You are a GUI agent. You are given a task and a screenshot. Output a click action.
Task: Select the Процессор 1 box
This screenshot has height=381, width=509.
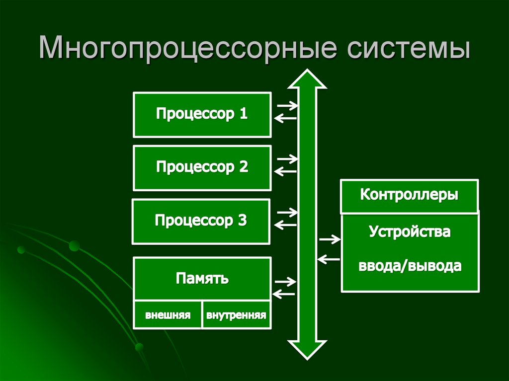[202, 114]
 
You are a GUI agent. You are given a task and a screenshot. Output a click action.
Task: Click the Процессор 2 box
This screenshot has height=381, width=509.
[202, 167]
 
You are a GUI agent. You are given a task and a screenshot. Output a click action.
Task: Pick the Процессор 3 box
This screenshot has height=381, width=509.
[201, 221]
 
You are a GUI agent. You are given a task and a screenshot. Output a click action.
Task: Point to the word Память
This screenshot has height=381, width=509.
[202, 278]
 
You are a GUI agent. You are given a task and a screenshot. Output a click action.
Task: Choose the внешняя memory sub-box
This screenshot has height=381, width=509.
[168, 315]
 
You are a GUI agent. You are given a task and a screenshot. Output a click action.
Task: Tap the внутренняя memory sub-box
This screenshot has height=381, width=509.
[237, 315]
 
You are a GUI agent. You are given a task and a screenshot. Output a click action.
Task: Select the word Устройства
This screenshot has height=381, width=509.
[410, 231]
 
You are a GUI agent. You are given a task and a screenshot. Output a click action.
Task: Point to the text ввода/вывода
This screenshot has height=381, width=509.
[410, 266]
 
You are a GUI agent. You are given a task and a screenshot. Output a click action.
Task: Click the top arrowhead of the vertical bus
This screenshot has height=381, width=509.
[307, 79]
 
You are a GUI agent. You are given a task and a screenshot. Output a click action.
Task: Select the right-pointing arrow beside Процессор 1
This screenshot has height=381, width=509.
[287, 105]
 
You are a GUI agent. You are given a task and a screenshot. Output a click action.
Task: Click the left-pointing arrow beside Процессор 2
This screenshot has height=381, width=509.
[285, 171]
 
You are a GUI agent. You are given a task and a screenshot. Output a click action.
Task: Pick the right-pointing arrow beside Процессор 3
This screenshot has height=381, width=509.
[287, 212]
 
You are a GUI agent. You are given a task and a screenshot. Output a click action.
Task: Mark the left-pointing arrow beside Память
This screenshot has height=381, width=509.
[284, 294]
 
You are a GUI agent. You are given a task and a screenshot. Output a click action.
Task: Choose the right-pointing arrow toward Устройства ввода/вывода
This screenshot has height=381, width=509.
[330, 240]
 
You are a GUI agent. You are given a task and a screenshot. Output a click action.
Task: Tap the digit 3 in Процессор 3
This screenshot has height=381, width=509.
[242, 220]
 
